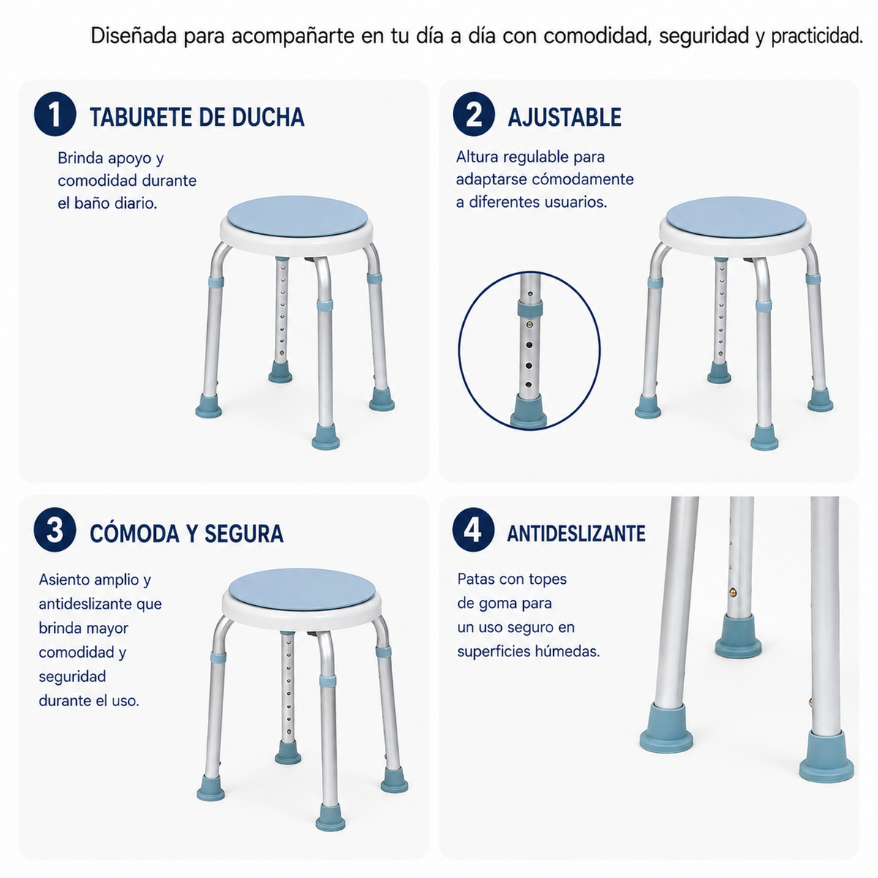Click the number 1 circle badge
click(x=55, y=114)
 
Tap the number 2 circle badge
click(x=473, y=114)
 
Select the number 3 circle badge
click(x=55, y=530)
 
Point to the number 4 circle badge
click(x=473, y=530)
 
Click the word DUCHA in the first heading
click(x=268, y=117)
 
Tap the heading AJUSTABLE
click(x=565, y=117)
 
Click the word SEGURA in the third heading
click(x=244, y=533)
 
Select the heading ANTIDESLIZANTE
click(x=576, y=533)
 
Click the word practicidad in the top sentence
click(x=817, y=37)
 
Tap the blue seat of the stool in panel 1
click(x=297, y=217)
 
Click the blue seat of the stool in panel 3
click(x=301, y=590)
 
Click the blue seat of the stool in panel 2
click(x=735, y=217)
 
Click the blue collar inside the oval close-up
click(x=530, y=309)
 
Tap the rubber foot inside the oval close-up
click(x=528, y=411)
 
